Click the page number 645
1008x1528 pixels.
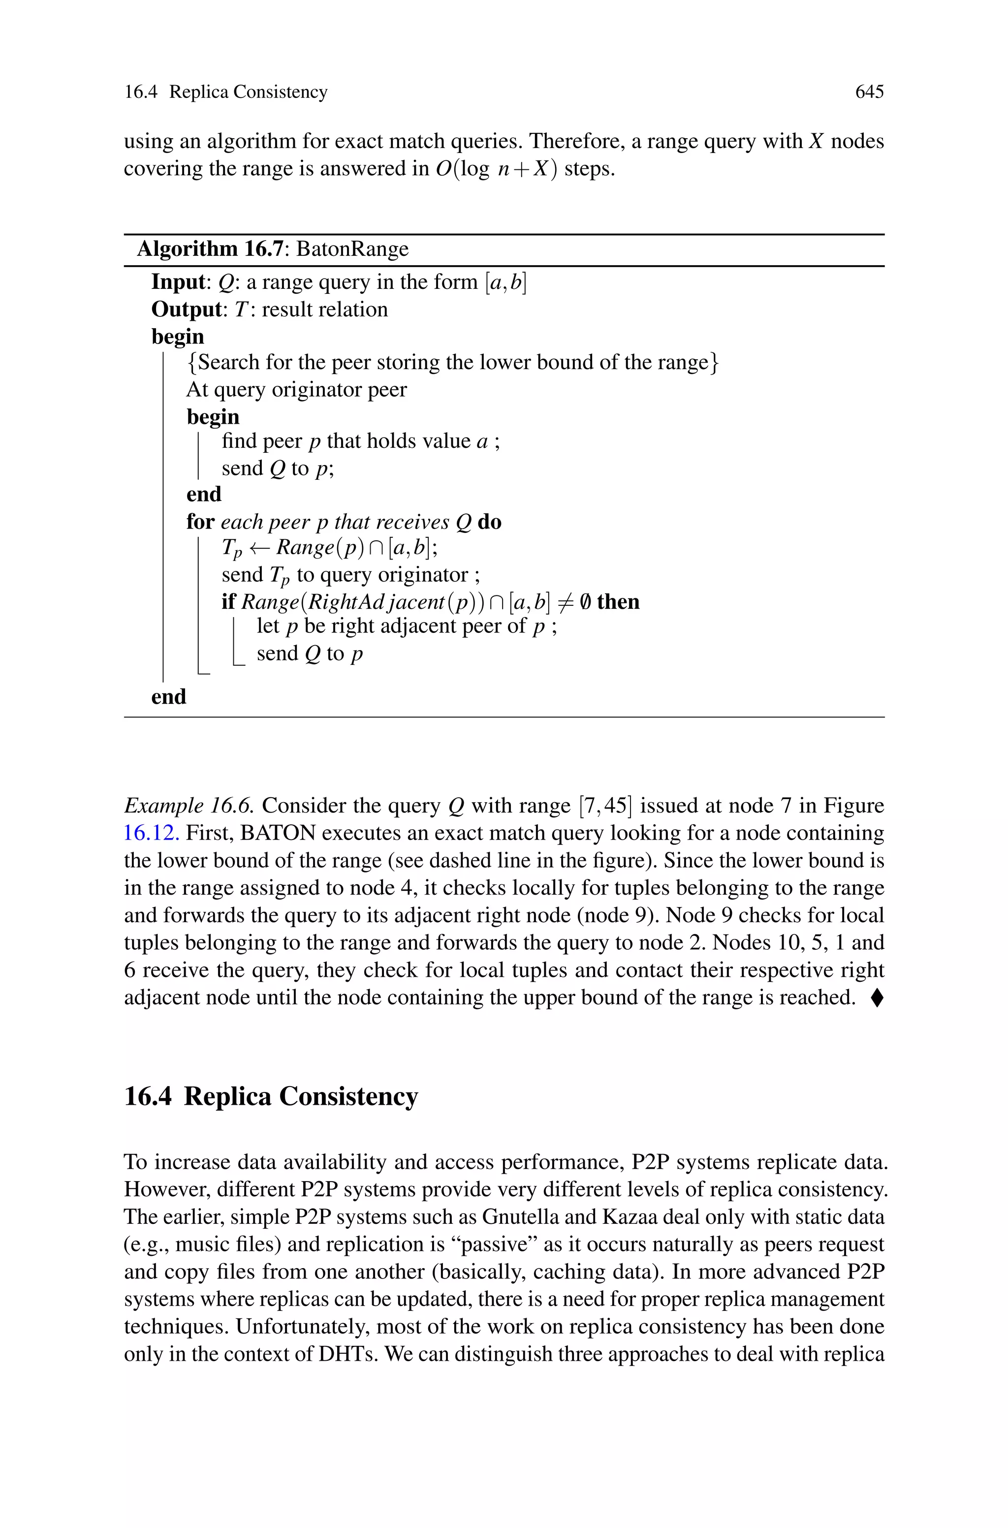click(x=869, y=92)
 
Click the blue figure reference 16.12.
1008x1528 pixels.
click(x=151, y=833)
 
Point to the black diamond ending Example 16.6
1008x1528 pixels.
click(x=877, y=997)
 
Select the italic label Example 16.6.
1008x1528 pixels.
click(x=189, y=806)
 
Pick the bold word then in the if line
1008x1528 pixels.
click(x=618, y=602)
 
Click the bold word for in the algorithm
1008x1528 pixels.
click(x=200, y=522)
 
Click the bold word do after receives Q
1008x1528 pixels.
click(x=489, y=522)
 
